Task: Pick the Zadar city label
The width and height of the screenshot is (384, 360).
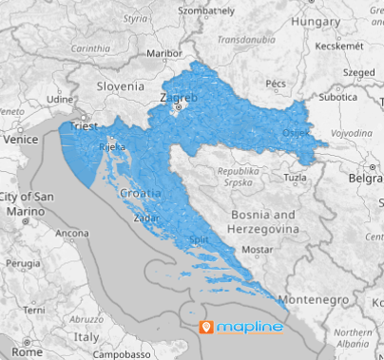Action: (147, 218)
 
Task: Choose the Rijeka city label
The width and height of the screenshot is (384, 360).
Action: (104, 148)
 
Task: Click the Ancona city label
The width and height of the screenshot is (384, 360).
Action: (72, 233)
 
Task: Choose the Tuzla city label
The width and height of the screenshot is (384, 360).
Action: (296, 178)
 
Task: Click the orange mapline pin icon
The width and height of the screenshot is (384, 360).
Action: (206, 328)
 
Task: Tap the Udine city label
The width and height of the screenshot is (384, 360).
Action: (61, 98)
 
